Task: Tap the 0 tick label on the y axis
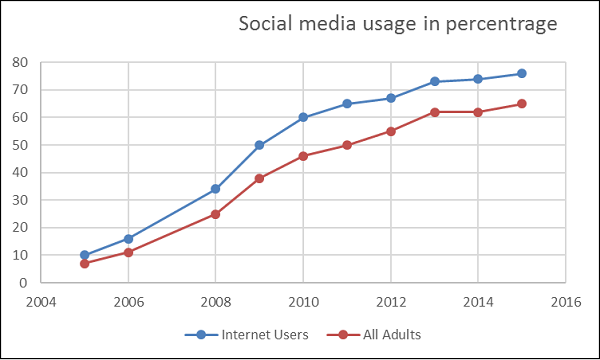coord(22,283)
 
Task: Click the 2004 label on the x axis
coord(41,301)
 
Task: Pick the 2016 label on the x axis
coord(565,301)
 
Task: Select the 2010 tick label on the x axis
coord(303,301)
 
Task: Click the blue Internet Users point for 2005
coord(84,255)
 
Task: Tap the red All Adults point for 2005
coord(84,263)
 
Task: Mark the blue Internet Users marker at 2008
coord(215,189)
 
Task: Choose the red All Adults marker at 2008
coord(215,214)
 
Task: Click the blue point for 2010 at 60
coord(303,117)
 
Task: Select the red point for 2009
coord(259,178)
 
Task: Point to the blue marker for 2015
coord(521,73)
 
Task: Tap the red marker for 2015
coord(521,103)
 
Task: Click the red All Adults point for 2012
coord(390,131)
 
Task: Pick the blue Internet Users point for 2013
coord(434,81)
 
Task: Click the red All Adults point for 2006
coord(128,252)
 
